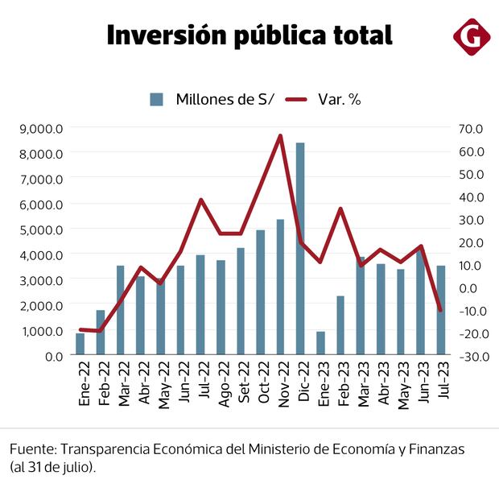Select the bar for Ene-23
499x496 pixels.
[320, 343]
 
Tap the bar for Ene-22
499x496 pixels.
[80, 344]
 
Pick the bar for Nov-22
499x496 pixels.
[280, 287]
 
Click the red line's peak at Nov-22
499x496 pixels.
[280, 135]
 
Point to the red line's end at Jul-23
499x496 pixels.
[440, 310]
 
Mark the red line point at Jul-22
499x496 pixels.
[201, 200]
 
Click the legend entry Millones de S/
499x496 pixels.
[213, 99]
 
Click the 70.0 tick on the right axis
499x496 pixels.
[469, 128]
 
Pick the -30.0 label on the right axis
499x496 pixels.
[468, 356]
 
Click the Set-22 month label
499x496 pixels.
[241, 388]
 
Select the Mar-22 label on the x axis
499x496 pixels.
[122, 388]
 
